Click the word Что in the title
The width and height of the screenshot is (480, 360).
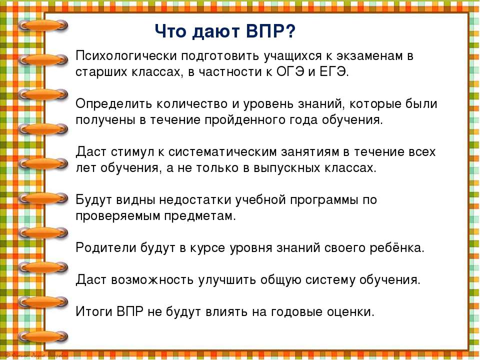point(170,31)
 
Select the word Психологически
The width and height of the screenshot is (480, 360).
point(126,56)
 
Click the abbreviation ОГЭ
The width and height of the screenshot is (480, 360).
point(290,72)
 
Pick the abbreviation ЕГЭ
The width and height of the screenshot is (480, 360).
point(334,72)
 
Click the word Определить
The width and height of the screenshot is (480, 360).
point(114,104)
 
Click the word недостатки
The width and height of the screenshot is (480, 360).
point(195,200)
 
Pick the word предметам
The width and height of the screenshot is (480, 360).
point(200,216)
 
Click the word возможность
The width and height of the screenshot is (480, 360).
point(152,280)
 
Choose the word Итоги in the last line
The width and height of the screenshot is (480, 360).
point(94,311)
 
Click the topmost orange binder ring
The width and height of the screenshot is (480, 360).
point(43,25)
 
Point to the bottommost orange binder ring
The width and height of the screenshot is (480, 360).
point(43,336)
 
